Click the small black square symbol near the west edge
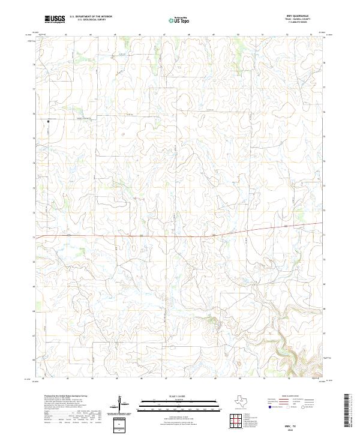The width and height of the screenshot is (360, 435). coord(49,122)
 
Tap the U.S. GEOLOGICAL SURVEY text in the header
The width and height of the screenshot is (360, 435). coord(91,20)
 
